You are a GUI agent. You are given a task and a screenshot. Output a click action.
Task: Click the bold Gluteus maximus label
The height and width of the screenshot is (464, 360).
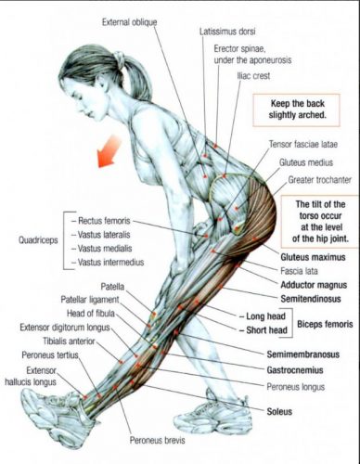310,253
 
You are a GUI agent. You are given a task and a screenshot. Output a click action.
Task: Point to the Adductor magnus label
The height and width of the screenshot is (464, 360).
310,286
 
